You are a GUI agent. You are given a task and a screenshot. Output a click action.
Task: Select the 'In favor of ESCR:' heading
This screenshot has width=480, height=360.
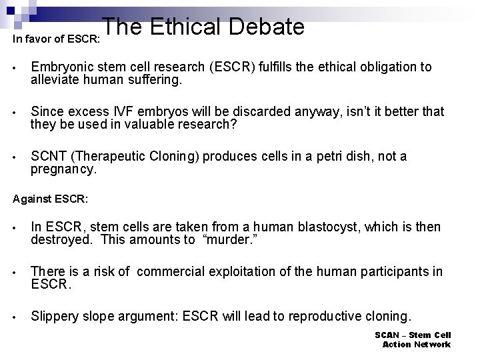click(x=57, y=39)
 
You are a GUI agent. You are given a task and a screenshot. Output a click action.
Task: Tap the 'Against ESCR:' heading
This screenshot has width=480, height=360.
click(x=51, y=199)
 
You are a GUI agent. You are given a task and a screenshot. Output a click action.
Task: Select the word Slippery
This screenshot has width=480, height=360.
click(x=55, y=316)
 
